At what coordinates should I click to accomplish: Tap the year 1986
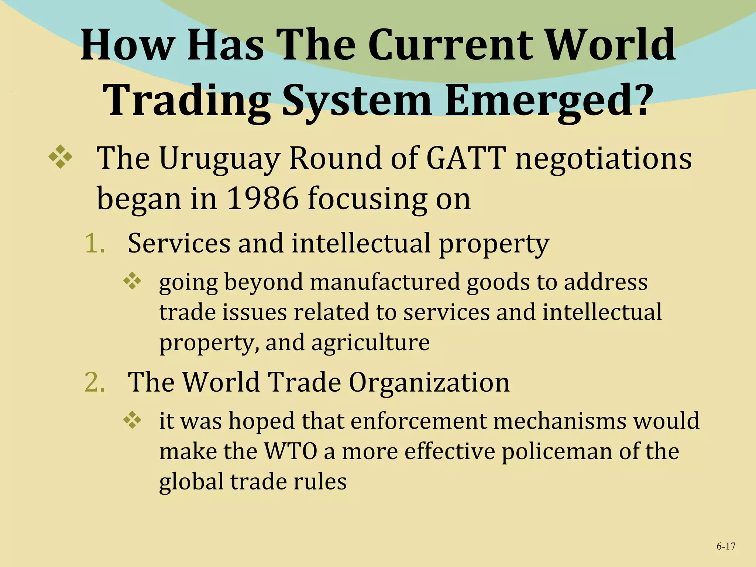pos(262,199)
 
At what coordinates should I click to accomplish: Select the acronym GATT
pos(465,158)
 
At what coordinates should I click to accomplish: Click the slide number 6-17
pos(726,546)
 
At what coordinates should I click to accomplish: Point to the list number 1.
pos(94,243)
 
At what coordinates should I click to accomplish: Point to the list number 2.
pos(94,382)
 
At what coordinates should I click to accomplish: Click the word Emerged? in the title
pos(547,100)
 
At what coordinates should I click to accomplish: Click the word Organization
pos(429,382)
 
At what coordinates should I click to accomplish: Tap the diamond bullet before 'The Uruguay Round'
pos(60,157)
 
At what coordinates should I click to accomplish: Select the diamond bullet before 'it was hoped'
pos(132,420)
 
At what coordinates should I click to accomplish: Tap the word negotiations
pos(603,159)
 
